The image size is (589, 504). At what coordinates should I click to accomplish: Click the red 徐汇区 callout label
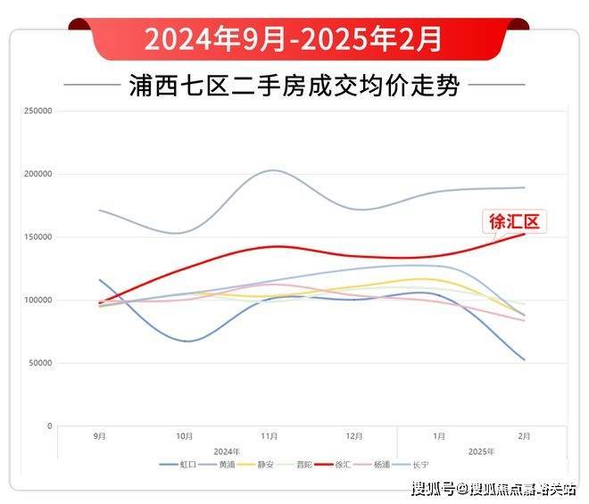[514, 219]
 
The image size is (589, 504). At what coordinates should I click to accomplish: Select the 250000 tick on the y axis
[38, 112]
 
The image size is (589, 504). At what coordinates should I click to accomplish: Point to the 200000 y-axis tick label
[38, 174]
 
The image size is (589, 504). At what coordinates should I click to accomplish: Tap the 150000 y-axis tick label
[38, 237]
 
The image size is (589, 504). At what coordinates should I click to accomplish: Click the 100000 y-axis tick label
[38, 301]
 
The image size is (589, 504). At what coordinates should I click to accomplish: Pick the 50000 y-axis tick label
[40, 363]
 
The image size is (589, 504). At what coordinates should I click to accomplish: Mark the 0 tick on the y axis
[50, 426]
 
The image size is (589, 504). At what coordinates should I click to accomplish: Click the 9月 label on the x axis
[100, 436]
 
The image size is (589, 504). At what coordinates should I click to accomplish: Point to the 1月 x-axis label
[439, 436]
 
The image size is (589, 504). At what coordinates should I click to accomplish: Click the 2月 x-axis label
[524, 436]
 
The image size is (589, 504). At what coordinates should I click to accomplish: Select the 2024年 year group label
[228, 451]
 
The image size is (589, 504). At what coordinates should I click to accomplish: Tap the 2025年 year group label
[481, 451]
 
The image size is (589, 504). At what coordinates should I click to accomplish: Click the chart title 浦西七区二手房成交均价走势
[294, 87]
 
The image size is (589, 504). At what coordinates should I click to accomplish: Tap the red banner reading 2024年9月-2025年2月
[294, 38]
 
